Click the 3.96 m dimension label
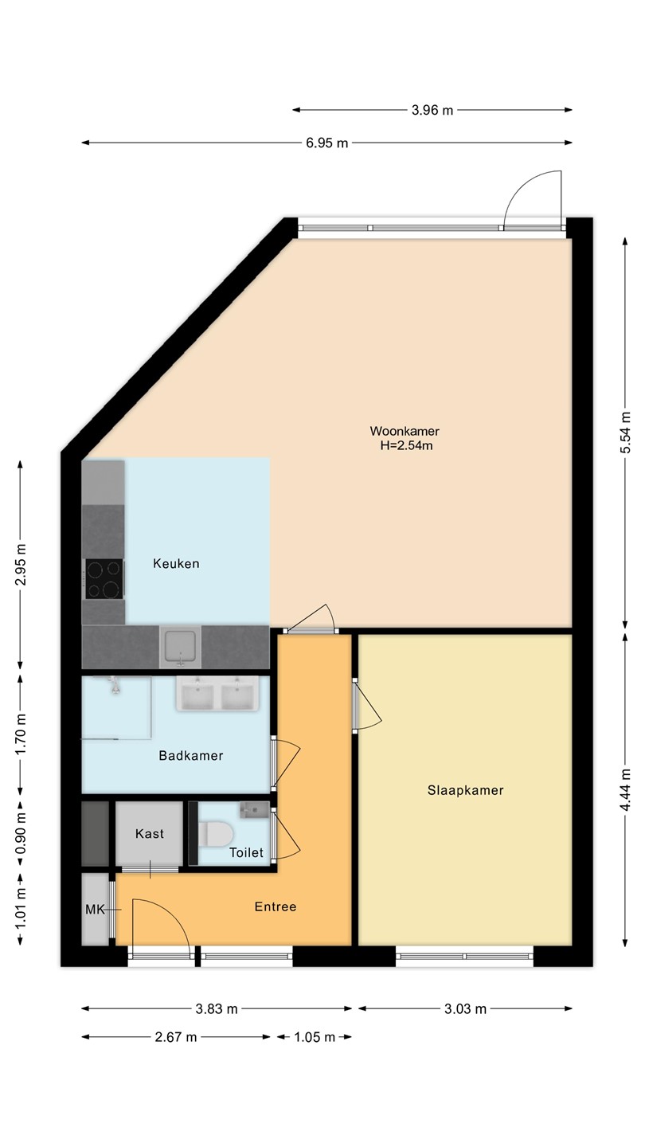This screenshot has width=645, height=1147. point(432,110)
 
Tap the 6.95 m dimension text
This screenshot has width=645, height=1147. point(326,143)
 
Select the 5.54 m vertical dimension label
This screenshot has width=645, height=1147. point(625,433)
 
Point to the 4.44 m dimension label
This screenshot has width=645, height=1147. point(625,790)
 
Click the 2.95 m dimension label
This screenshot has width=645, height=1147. point(21,564)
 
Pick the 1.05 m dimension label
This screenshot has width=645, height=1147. point(315,1037)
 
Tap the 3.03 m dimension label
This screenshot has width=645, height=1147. point(465,1008)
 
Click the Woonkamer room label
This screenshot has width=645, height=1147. point(405,431)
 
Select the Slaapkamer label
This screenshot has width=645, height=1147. point(465,790)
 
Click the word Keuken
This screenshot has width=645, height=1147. point(176,564)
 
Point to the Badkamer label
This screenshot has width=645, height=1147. point(191,756)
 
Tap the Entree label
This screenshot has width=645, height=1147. point(276,906)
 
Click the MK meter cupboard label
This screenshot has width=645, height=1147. point(95,910)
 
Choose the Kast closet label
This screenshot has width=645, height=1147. point(150,834)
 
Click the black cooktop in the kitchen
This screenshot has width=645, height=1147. point(104,578)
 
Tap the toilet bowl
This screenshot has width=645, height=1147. point(216,834)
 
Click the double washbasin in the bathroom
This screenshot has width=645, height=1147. point(217,693)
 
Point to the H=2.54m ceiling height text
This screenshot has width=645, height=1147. point(406,445)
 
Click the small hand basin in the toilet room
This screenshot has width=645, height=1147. point(255,810)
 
